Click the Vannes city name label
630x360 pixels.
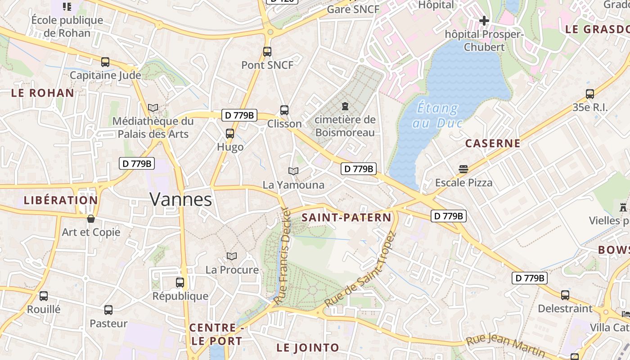[x=180, y=199]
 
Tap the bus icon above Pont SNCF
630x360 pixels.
[x=267, y=52]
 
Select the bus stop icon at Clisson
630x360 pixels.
[x=284, y=110]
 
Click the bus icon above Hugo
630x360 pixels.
[x=230, y=134]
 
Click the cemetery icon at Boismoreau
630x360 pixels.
[x=345, y=106]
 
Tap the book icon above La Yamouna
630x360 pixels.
[x=293, y=171]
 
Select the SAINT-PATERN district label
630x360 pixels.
[x=346, y=218]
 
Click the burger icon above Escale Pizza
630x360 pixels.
[x=463, y=169]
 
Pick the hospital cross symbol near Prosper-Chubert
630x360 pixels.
[x=484, y=20]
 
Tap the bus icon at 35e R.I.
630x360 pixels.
[x=590, y=94]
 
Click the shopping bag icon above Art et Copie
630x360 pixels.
[x=91, y=219]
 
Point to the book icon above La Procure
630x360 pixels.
[x=232, y=256]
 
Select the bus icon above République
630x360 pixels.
[x=180, y=283]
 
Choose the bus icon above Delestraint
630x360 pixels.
[x=565, y=295]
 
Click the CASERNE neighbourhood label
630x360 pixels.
[x=493, y=144]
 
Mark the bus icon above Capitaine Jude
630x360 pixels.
[x=105, y=62]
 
